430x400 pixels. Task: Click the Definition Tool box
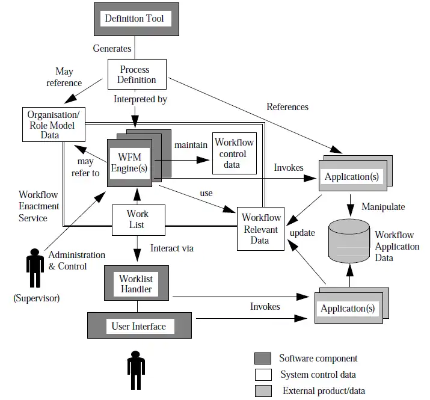(134, 19)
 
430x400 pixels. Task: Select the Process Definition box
(138, 75)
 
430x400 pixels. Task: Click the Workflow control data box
(234, 153)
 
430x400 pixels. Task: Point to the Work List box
(138, 220)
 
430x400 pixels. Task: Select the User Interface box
(138, 327)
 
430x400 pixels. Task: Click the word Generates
(112, 48)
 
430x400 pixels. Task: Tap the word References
(287, 107)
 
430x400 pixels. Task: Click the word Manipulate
(383, 207)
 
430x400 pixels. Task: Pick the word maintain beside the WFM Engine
(191, 145)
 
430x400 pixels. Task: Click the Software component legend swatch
(263, 359)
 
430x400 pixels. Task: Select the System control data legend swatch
(263, 375)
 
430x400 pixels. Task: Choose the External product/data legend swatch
(263, 391)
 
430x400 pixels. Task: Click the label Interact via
(172, 248)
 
